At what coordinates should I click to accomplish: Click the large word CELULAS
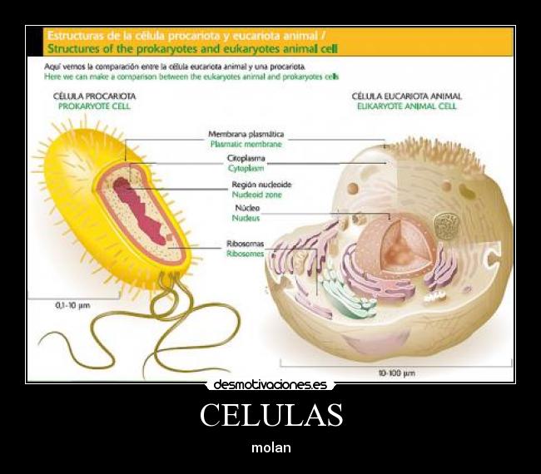(x=270, y=415)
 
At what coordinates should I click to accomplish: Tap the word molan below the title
(x=270, y=447)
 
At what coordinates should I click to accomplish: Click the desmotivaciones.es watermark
(x=270, y=384)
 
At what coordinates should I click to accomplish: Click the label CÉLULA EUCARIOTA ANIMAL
(x=406, y=96)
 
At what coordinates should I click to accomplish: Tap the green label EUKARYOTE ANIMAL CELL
(x=406, y=106)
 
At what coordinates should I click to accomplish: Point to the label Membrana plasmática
(x=246, y=134)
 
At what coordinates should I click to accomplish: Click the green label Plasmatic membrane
(x=246, y=144)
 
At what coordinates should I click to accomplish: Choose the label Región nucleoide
(x=261, y=184)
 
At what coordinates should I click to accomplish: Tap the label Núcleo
(x=247, y=208)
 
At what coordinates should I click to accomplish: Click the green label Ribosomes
(x=246, y=254)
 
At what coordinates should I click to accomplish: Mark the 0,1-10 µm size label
(x=72, y=306)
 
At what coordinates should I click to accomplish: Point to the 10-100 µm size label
(x=396, y=373)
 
